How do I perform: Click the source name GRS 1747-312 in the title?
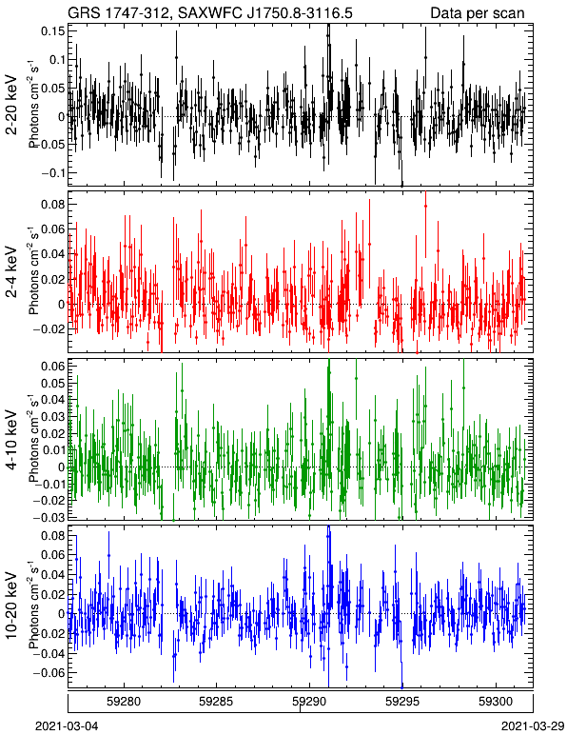click(x=116, y=13)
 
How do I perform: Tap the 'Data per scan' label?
click(x=478, y=13)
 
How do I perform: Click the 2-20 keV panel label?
click(x=11, y=105)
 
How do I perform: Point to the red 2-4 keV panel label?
click(x=11, y=272)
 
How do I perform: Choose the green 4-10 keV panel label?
click(x=11, y=440)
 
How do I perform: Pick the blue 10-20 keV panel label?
click(x=11, y=606)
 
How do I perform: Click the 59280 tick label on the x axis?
click(x=124, y=702)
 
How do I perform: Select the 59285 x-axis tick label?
click(x=216, y=702)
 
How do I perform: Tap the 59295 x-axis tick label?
click(x=402, y=702)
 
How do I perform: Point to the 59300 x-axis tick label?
click(x=496, y=702)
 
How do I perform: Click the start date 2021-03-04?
click(x=67, y=726)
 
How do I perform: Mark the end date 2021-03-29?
click(x=533, y=726)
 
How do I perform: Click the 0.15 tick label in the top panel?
click(x=52, y=31)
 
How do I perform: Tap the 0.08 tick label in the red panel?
click(x=52, y=205)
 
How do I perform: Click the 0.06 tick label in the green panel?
click(x=52, y=367)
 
